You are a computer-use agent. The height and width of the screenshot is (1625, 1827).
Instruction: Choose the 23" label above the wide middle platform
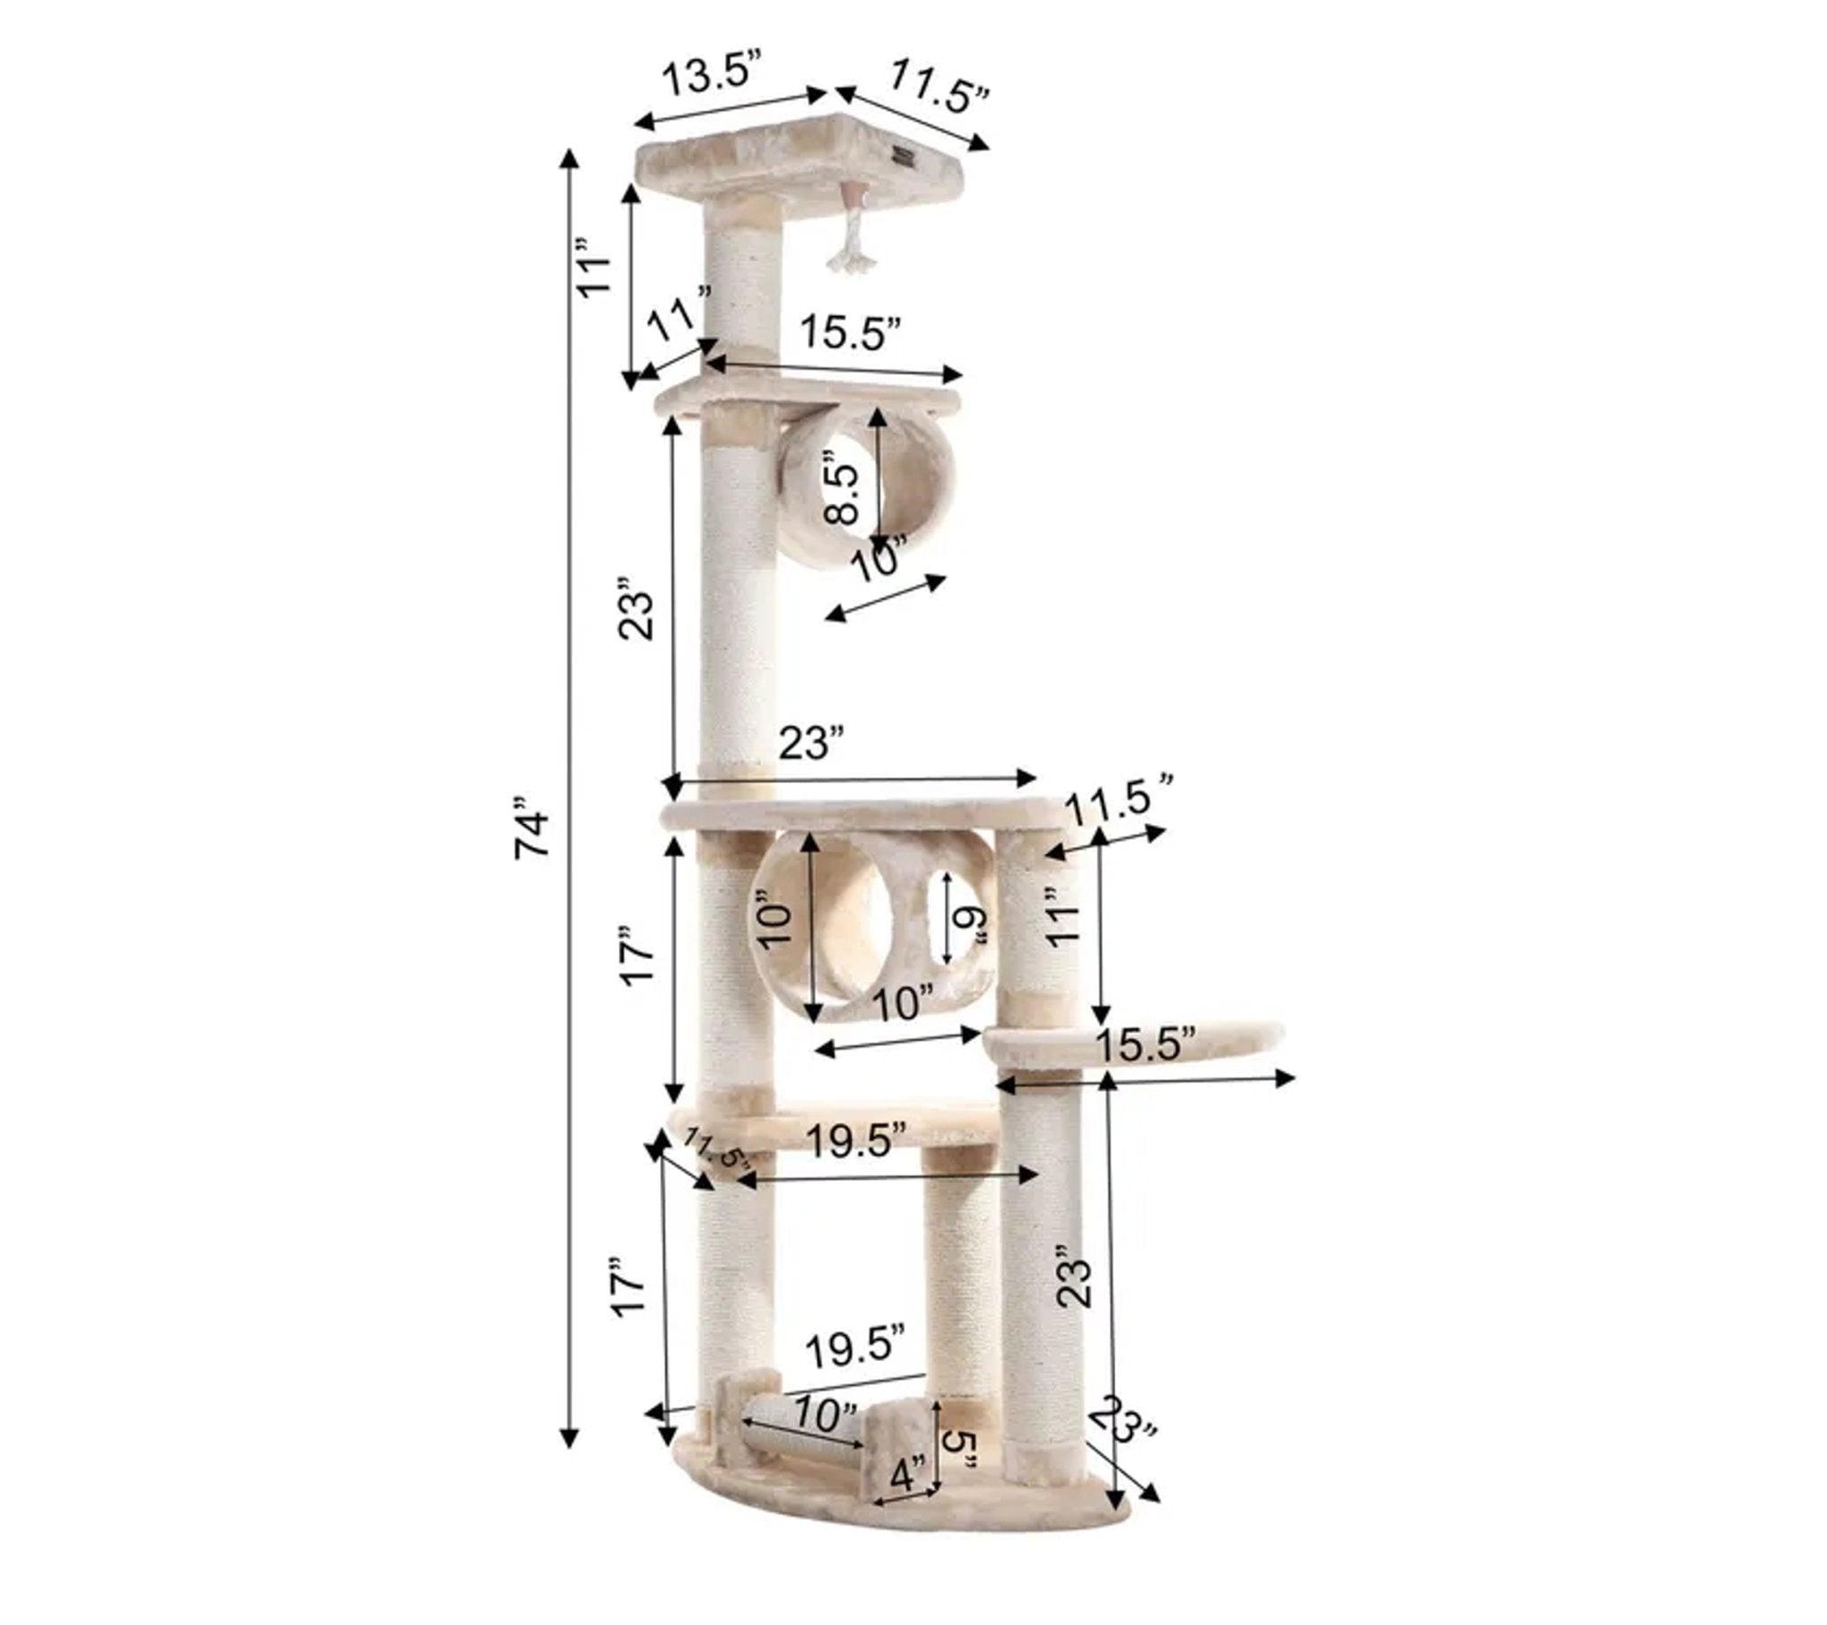tap(811, 744)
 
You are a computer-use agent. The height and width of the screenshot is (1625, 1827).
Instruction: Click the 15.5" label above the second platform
tap(849, 333)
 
